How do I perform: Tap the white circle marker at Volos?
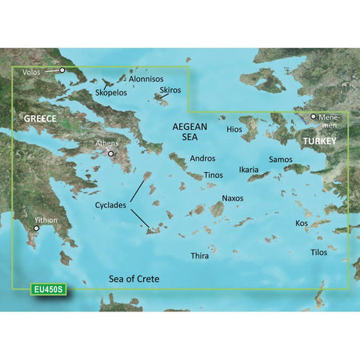pos(63,70)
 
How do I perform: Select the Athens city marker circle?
pos(112,153)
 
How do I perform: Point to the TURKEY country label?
pos(319,142)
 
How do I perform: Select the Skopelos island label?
pos(111,92)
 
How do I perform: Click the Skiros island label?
pos(170,91)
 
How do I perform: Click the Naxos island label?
pos(232,199)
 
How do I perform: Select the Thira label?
pos(201,256)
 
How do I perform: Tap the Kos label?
pos(301,223)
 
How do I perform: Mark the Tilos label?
pos(319,252)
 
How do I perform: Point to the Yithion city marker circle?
pos(35,229)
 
